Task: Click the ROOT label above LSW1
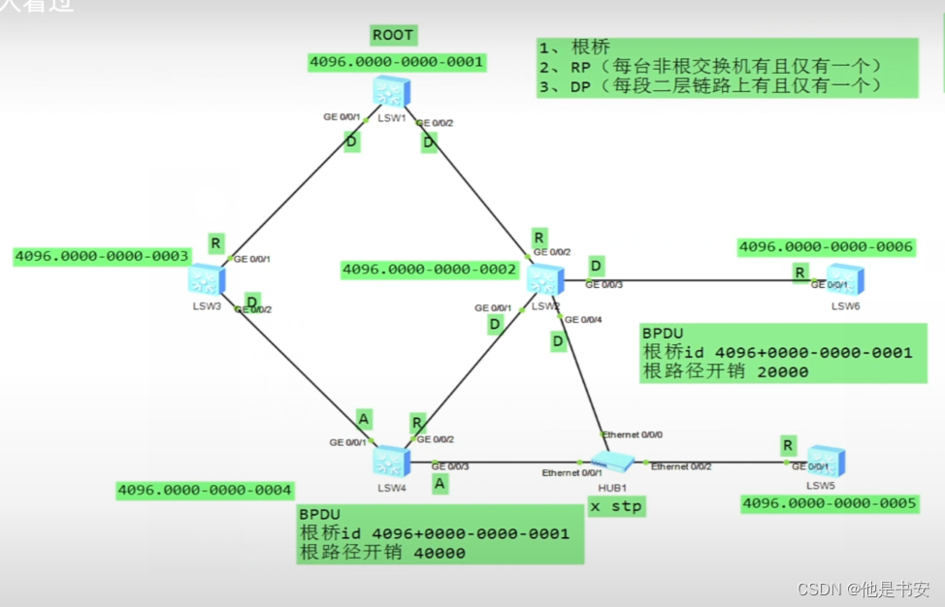[x=393, y=36]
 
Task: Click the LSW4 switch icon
[x=391, y=460]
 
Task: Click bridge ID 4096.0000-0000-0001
[x=396, y=62]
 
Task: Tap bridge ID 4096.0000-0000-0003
[x=101, y=256]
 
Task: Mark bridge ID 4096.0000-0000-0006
[x=826, y=247]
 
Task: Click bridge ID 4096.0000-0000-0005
[x=830, y=504]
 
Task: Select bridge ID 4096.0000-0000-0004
[x=204, y=491]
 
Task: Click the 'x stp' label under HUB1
[x=616, y=506]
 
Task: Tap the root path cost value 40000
[x=430, y=553]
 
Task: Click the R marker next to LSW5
[x=788, y=445]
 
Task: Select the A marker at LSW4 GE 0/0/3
[x=440, y=483]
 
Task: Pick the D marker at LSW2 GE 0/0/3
[x=596, y=266]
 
